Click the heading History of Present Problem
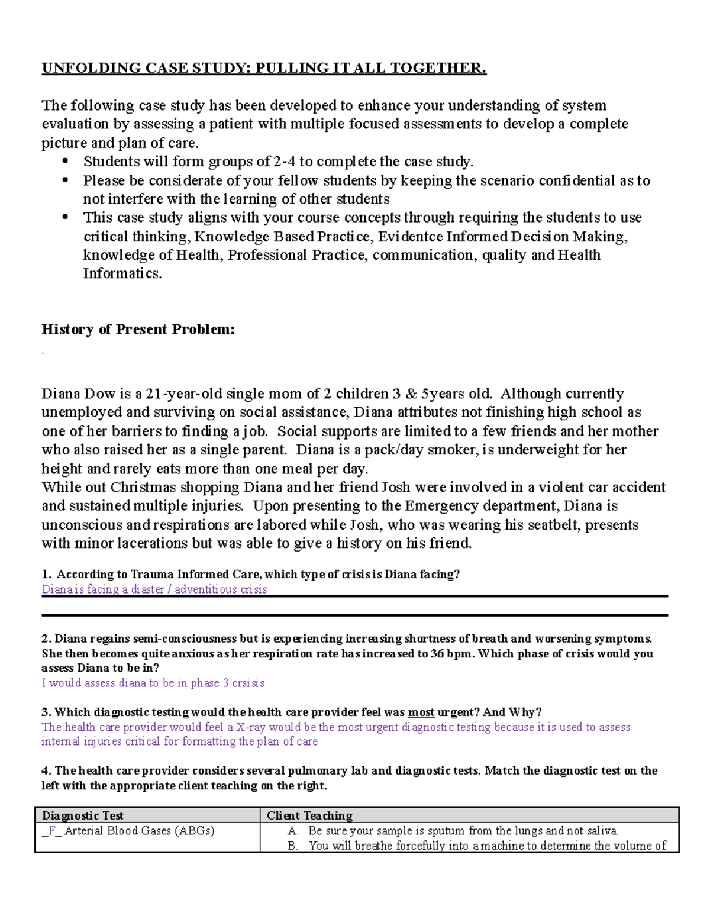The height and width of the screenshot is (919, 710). click(138, 330)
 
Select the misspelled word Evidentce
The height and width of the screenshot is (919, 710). click(410, 237)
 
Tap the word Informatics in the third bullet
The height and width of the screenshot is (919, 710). click(122, 273)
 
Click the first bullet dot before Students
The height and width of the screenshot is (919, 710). click(65, 162)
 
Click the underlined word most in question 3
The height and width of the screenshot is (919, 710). click(421, 712)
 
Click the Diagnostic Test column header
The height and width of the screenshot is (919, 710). click(83, 815)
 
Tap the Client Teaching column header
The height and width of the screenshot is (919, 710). click(309, 815)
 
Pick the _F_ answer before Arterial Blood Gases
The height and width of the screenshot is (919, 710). click(51, 831)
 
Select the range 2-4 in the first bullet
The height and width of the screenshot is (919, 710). click(285, 162)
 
